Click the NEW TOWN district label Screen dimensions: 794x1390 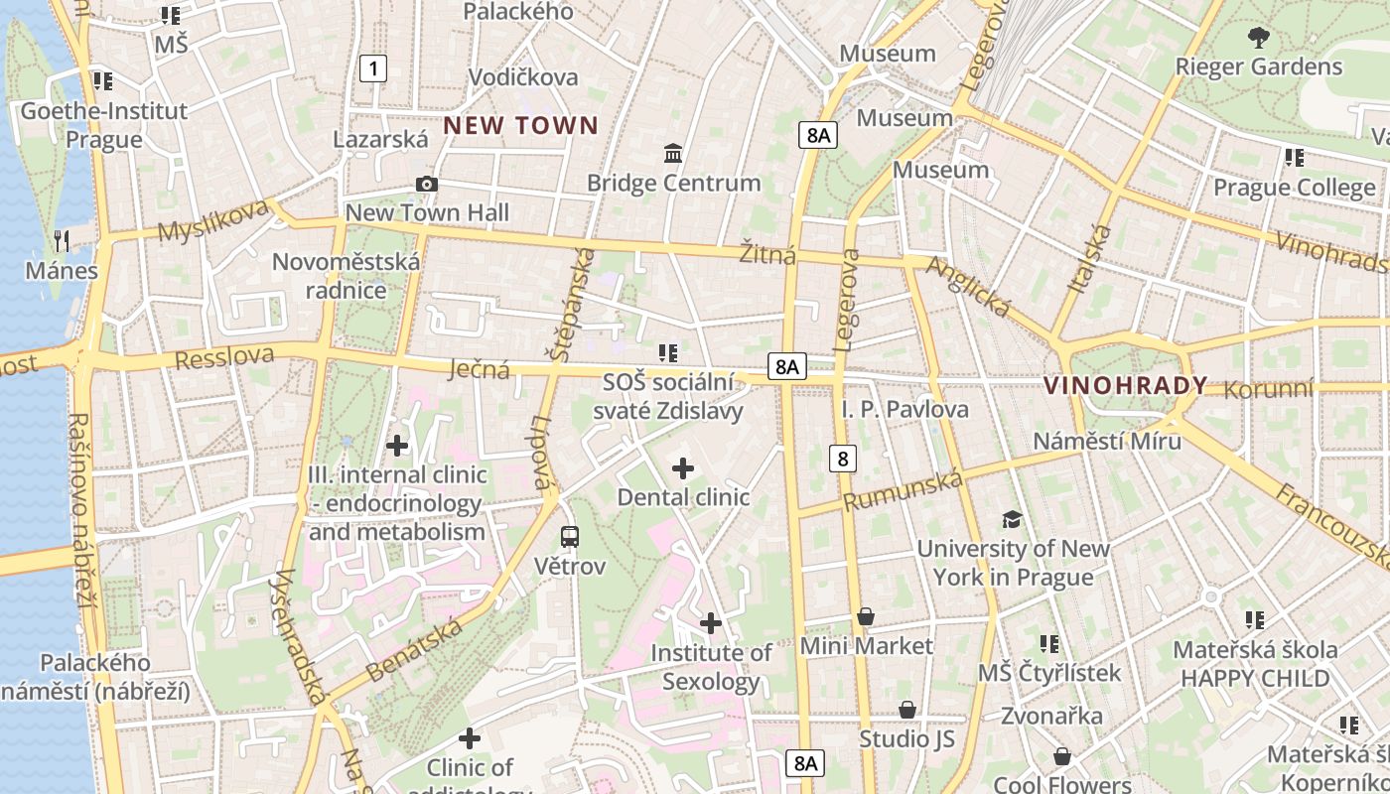point(520,126)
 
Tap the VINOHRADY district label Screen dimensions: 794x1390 point(1125,386)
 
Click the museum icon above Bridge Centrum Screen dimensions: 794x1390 point(673,154)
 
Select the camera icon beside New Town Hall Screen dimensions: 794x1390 point(427,185)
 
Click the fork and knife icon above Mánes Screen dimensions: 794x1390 point(62,240)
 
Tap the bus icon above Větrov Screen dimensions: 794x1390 point(569,537)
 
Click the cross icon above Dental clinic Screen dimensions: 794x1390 point(683,468)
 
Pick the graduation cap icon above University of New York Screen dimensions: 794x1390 point(1012,519)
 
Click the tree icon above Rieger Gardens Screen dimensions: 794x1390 point(1258,39)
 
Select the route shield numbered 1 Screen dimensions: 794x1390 point(372,68)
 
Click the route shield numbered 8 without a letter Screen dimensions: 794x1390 point(842,458)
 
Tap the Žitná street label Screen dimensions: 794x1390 point(767,255)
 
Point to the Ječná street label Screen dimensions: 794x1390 point(479,370)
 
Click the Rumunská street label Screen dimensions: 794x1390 point(903,491)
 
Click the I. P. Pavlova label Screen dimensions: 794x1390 point(904,409)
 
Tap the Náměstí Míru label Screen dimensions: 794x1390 point(1106,441)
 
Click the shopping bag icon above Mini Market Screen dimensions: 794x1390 point(866,617)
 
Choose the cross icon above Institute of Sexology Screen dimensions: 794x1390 point(710,623)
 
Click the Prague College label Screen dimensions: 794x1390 point(1294,188)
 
